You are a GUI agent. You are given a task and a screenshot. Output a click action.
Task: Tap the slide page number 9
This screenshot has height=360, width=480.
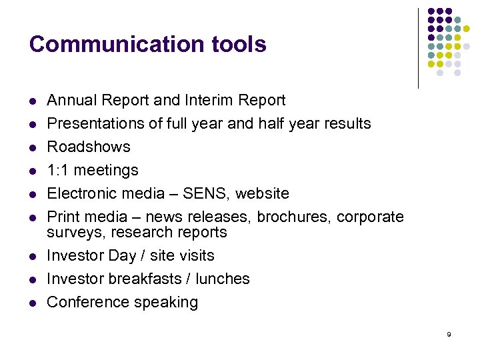click(449, 334)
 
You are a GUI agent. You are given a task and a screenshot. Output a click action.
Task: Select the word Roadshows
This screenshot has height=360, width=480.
click(89, 147)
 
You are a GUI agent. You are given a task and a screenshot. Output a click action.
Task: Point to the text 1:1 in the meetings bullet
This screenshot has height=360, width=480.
click(58, 170)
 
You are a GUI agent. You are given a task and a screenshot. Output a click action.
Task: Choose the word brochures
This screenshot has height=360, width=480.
click(294, 217)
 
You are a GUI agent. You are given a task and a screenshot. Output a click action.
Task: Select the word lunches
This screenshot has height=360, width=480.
click(223, 279)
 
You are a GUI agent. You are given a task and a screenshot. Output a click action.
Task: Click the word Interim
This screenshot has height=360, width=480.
click(193, 100)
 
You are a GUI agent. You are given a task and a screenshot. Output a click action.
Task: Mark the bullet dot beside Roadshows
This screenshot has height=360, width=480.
click(32, 147)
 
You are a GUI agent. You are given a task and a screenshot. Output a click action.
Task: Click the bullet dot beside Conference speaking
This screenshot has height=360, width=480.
click(32, 303)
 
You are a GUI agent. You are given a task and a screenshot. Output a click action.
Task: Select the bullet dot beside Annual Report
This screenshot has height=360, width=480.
click(32, 101)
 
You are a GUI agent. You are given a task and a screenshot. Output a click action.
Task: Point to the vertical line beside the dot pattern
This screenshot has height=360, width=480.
click(418, 48)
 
